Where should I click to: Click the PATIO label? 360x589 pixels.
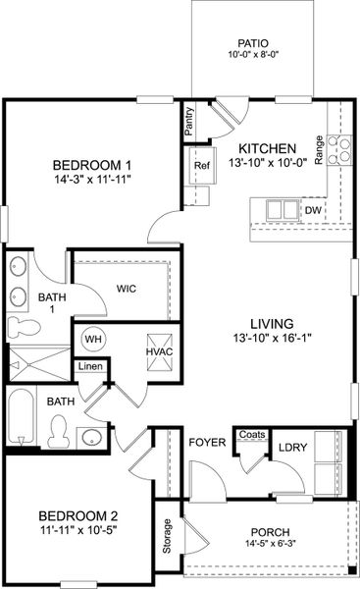(253, 43)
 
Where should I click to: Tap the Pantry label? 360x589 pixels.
(189, 123)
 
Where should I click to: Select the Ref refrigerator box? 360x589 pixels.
(202, 166)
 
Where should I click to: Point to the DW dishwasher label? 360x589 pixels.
(313, 210)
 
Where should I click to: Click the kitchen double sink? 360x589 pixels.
(281, 209)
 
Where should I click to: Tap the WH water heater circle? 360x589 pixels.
(93, 339)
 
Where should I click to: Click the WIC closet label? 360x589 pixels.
(126, 289)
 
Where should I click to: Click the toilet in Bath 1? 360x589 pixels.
(21, 326)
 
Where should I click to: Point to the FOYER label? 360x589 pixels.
(207, 443)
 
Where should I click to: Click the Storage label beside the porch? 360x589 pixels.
(167, 535)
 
